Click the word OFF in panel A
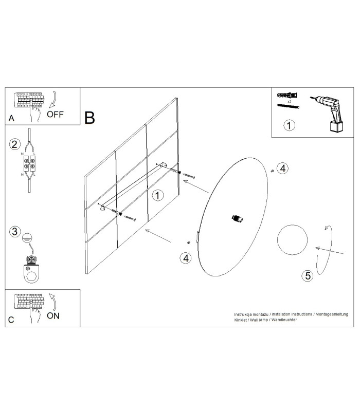tap(55, 115)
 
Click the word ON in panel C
tap(53, 316)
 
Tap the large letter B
tap(89, 118)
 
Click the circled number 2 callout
tap(15, 144)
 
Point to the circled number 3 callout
tap(15, 232)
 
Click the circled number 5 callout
tap(308, 276)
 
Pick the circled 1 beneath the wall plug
tap(289, 125)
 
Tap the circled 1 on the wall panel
tap(157, 195)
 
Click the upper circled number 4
tap(282, 169)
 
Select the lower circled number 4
tap(186, 258)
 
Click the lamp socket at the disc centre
tap(237, 219)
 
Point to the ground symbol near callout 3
tap(27, 238)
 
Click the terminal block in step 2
tap(29, 163)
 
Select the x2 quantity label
tap(289, 101)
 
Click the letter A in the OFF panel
tap(11, 118)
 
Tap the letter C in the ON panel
tap(11, 320)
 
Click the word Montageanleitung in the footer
tap(332, 314)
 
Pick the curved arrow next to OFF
tap(55, 100)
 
